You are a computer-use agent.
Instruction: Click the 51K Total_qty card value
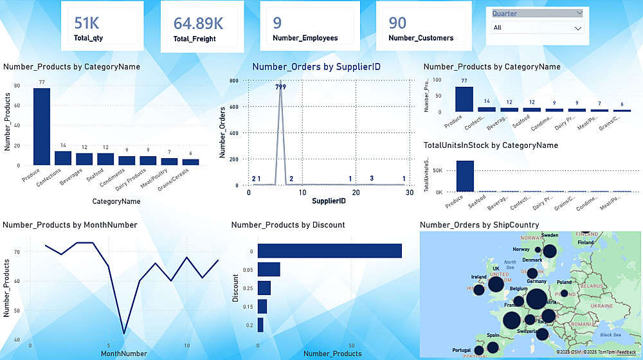[87, 23]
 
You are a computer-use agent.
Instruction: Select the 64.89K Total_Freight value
[198, 24]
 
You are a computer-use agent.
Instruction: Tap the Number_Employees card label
[305, 38]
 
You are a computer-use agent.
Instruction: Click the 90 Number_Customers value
[397, 23]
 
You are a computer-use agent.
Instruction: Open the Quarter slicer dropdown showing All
[537, 28]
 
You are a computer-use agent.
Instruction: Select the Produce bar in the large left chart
[42, 126]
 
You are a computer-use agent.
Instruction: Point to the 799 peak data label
[280, 86]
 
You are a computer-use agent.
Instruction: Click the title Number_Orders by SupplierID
[302, 66]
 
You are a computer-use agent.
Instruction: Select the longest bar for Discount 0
[329, 251]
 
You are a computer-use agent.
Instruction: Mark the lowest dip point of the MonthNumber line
[123, 334]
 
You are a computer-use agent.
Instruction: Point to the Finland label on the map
[585, 243]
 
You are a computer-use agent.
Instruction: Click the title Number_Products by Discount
[287, 224]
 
